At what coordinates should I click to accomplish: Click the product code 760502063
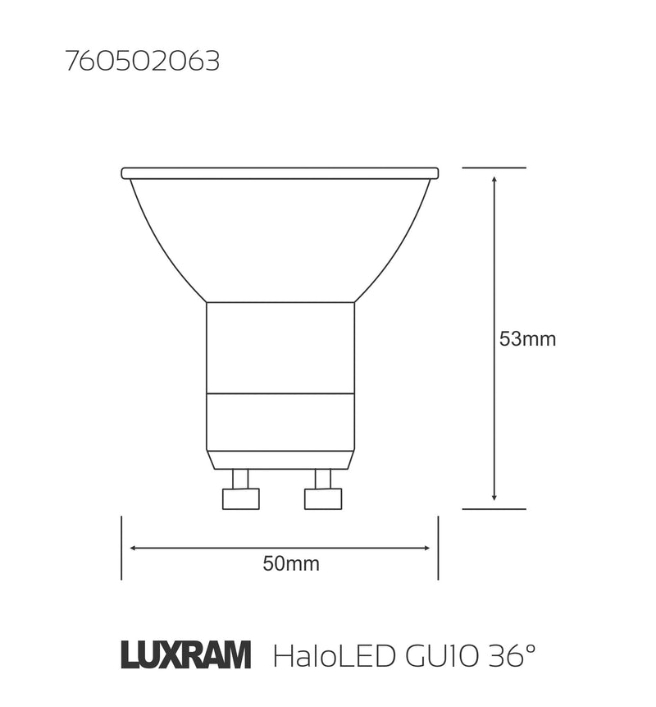pos(143,62)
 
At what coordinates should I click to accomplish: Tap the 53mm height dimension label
pos(527,339)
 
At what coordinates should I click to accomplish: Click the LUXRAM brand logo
pos(186,655)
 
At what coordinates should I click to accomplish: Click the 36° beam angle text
pos(512,655)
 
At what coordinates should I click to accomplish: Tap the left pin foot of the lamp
pos(241,498)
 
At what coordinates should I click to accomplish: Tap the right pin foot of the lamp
pos(322,498)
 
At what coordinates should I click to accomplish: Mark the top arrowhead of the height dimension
pos(494,178)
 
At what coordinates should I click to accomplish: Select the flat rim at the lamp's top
pos(280,173)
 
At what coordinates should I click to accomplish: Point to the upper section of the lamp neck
pos(280,347)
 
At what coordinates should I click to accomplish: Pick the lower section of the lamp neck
pos(280,421)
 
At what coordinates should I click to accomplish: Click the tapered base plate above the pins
pos(280,460)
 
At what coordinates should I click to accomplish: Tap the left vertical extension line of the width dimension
pos(121,548)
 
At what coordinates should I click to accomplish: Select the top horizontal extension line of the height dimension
pos(494,168)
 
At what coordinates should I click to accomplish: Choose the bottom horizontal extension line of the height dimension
pos(494,509)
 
